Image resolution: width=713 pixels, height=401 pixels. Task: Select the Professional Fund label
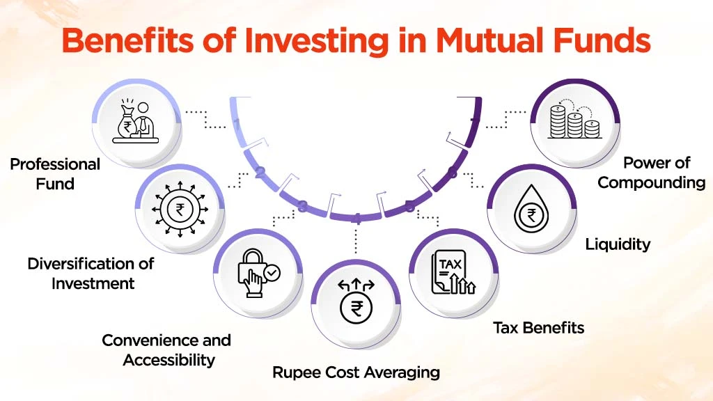coord(55,174)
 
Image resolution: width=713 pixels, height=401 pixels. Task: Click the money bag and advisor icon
coord(137,120)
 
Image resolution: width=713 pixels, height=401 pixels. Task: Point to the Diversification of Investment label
coord(91,273)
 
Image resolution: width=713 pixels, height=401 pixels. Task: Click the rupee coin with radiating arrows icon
coord(180,208)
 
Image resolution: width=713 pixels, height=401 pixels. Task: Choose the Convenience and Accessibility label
coord(166,349)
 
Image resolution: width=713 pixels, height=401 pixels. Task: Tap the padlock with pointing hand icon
coord(258,274)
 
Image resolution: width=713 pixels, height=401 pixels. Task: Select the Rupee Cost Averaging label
coord(356,372)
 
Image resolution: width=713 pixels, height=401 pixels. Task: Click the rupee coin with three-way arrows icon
coord(356,300)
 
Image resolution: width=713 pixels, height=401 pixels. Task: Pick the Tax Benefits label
coord(539,327)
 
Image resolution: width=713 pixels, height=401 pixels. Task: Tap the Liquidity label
coord(618,244)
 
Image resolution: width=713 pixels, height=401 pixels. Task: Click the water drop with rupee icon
coord(531,208)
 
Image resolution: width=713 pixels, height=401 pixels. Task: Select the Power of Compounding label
coord(652,173)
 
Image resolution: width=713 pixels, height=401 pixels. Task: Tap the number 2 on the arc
coord(259,173)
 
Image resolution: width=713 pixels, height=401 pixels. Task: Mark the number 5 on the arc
coord(409,207)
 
